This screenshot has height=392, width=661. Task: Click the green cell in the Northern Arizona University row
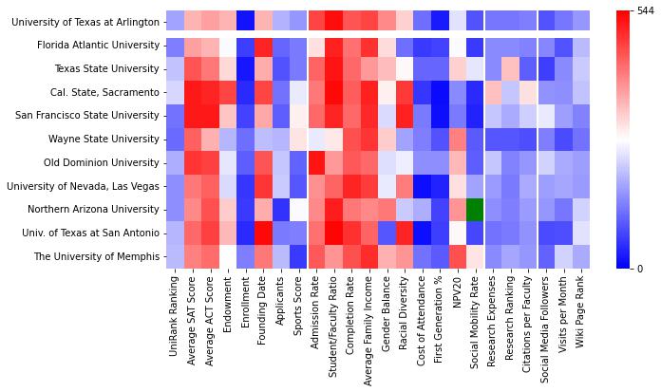pos(475,210)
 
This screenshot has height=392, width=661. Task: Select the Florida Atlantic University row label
pos(98,46)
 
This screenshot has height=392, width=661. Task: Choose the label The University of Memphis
pos(99,256)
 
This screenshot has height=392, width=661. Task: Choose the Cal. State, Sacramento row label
pos(105,92)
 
